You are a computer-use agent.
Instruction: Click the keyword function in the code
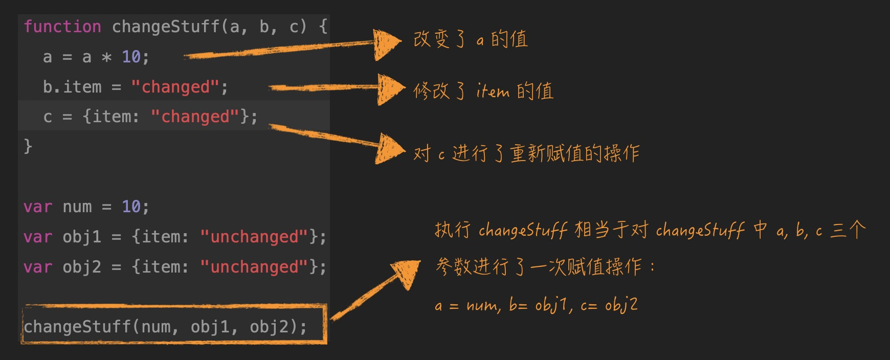(x=62, y=27)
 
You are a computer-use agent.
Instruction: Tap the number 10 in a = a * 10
(x=131, y=57)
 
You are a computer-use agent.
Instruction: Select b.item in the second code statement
(x=72, y=87)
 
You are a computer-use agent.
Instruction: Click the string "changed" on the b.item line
(x=175, y=87)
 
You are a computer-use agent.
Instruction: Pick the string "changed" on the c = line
(x=195, y=117)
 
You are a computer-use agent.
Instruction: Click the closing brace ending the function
(x=28, y=147)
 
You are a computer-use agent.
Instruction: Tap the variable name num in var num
(x=77, y=207)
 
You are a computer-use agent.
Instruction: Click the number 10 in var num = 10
(x=131, y=207)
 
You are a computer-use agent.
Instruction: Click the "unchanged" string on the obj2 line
(x=254, y=267)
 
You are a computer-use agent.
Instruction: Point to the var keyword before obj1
(x=38, y=237)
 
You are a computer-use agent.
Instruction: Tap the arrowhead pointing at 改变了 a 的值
(x=387, y=44)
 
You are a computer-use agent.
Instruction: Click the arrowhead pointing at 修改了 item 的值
(x=391, y=89)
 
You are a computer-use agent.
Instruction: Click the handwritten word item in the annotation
(x=493, y=92)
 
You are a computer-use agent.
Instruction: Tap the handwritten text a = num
(x=465, y=306)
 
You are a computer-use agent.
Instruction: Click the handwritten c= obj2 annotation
(x=609, y=306)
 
